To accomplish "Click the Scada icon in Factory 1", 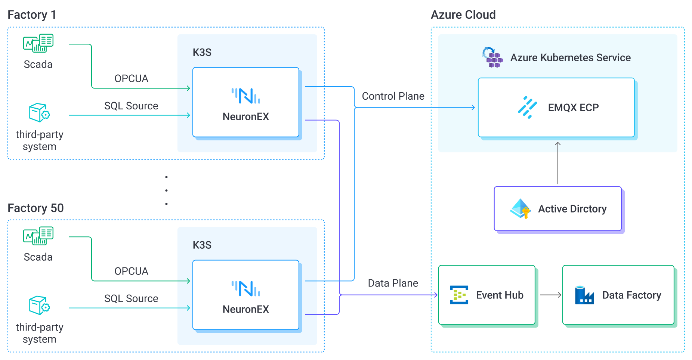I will point(38,43).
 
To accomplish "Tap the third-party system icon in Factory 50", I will point(39,305).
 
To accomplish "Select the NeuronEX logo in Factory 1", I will point(245,96).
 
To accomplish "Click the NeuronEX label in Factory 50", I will point(245,309).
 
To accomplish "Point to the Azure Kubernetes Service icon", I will point(492,57).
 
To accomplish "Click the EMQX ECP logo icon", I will point(527,108).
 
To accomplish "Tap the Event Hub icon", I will point(459,295).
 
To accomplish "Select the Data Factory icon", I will point(584,295).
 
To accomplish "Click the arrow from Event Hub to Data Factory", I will point(550,295).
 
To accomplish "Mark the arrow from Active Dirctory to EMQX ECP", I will point(558,163).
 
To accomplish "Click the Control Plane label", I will point(393,96).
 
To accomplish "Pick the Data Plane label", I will point(393,283).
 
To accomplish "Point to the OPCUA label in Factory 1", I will point(131,78).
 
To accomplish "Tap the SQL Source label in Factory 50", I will point(131,298).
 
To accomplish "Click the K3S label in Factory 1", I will point(202,52).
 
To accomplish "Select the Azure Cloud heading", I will point(463,15).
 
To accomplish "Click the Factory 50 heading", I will point(35,208).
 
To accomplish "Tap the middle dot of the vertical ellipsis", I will point(166,190).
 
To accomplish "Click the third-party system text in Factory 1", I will point(39,140).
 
